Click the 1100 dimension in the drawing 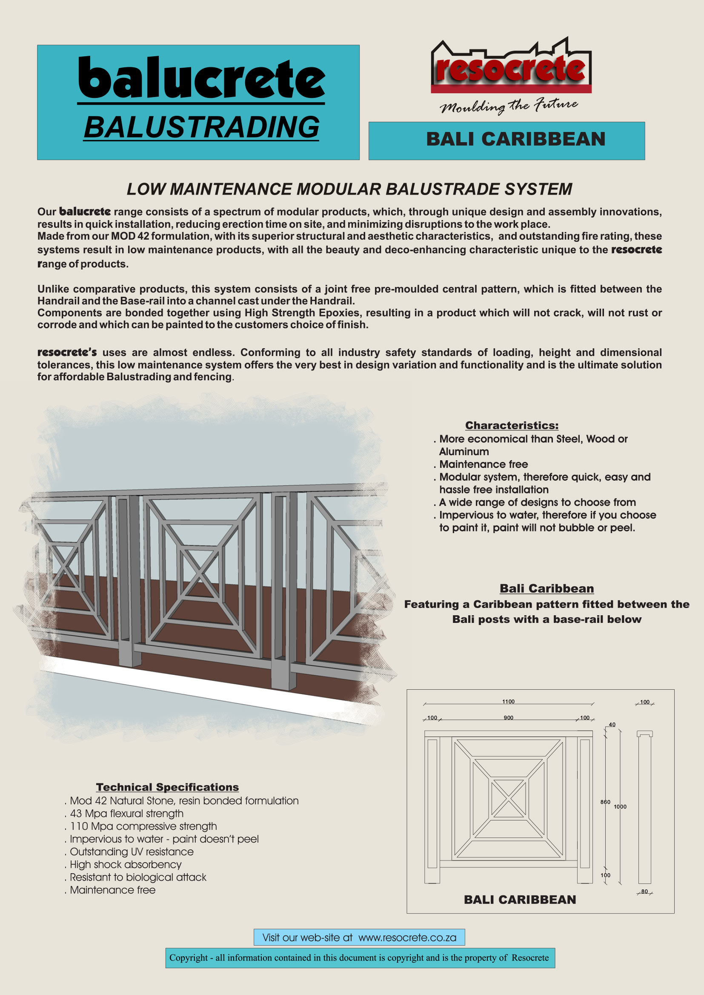[x=508, y=702]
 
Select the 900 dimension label [x=508, y=717]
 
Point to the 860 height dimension [x=605, y=802]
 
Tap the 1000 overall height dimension [x=620, y=806]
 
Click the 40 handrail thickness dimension [x=612, y=725]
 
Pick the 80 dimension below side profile [x=644, y=892]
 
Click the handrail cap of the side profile [x=644, y=734]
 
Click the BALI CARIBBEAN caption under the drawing [x=520, y=900]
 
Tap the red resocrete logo [x=511, y=69]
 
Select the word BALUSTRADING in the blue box [x=202, y=127]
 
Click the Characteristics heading [x=512, y=425]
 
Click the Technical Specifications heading [x=167, y=787]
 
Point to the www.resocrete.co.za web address [x=407, y=938]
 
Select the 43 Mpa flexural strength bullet [x=126, y=813]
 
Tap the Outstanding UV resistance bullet [x=132, y=852]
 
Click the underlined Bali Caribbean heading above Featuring [x=546, y=588]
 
